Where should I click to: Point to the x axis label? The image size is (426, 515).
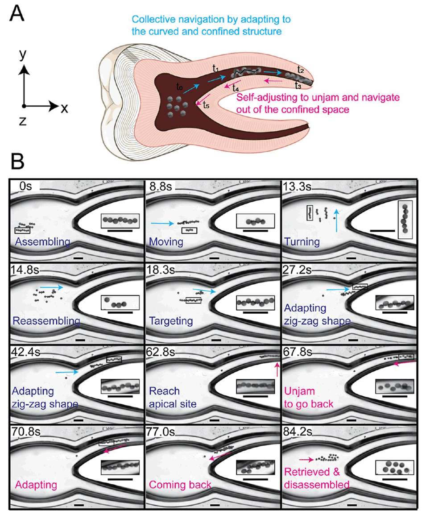[x=64, y=108]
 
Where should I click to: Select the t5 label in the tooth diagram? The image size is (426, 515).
[x=205, y=105]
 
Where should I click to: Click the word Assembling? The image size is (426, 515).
[x=42, y=242]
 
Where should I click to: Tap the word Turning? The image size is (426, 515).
[x=302, y=242]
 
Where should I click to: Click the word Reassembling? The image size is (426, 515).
[x=46, y=320]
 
